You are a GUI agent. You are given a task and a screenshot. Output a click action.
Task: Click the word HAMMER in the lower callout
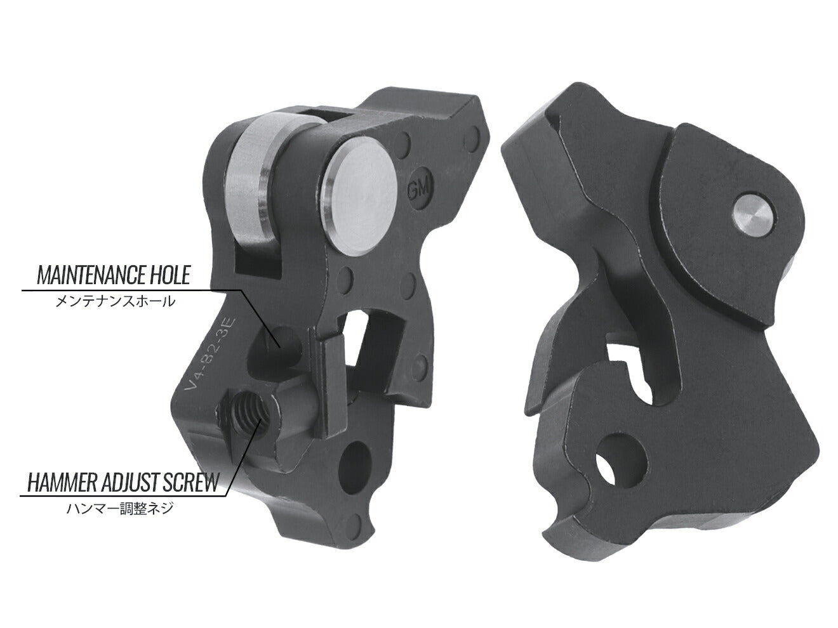(x=60, y=483)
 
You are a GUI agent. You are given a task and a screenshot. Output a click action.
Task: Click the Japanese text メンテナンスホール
(x=115, y=302)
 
